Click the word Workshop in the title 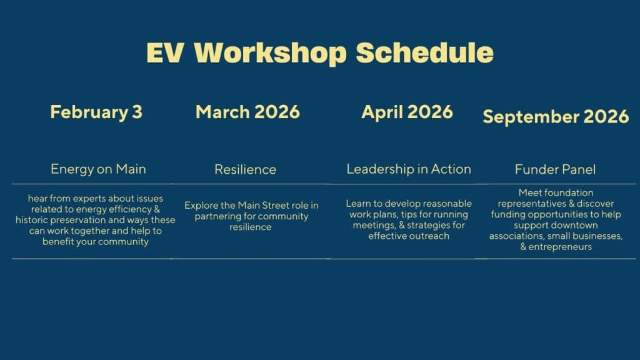point(270,53)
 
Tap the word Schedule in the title point(424,52)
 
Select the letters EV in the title point(165,52)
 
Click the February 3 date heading point(96,112)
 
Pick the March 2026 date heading point(247,112)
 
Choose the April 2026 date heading point(407,112)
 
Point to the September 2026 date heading point(556,117)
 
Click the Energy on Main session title point(98,169)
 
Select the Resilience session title point(245,169)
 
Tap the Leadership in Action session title point(409,169)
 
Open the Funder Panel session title point(555,169)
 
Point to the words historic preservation point(65,220)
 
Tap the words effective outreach point(409,236)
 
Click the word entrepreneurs point(560,247)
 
